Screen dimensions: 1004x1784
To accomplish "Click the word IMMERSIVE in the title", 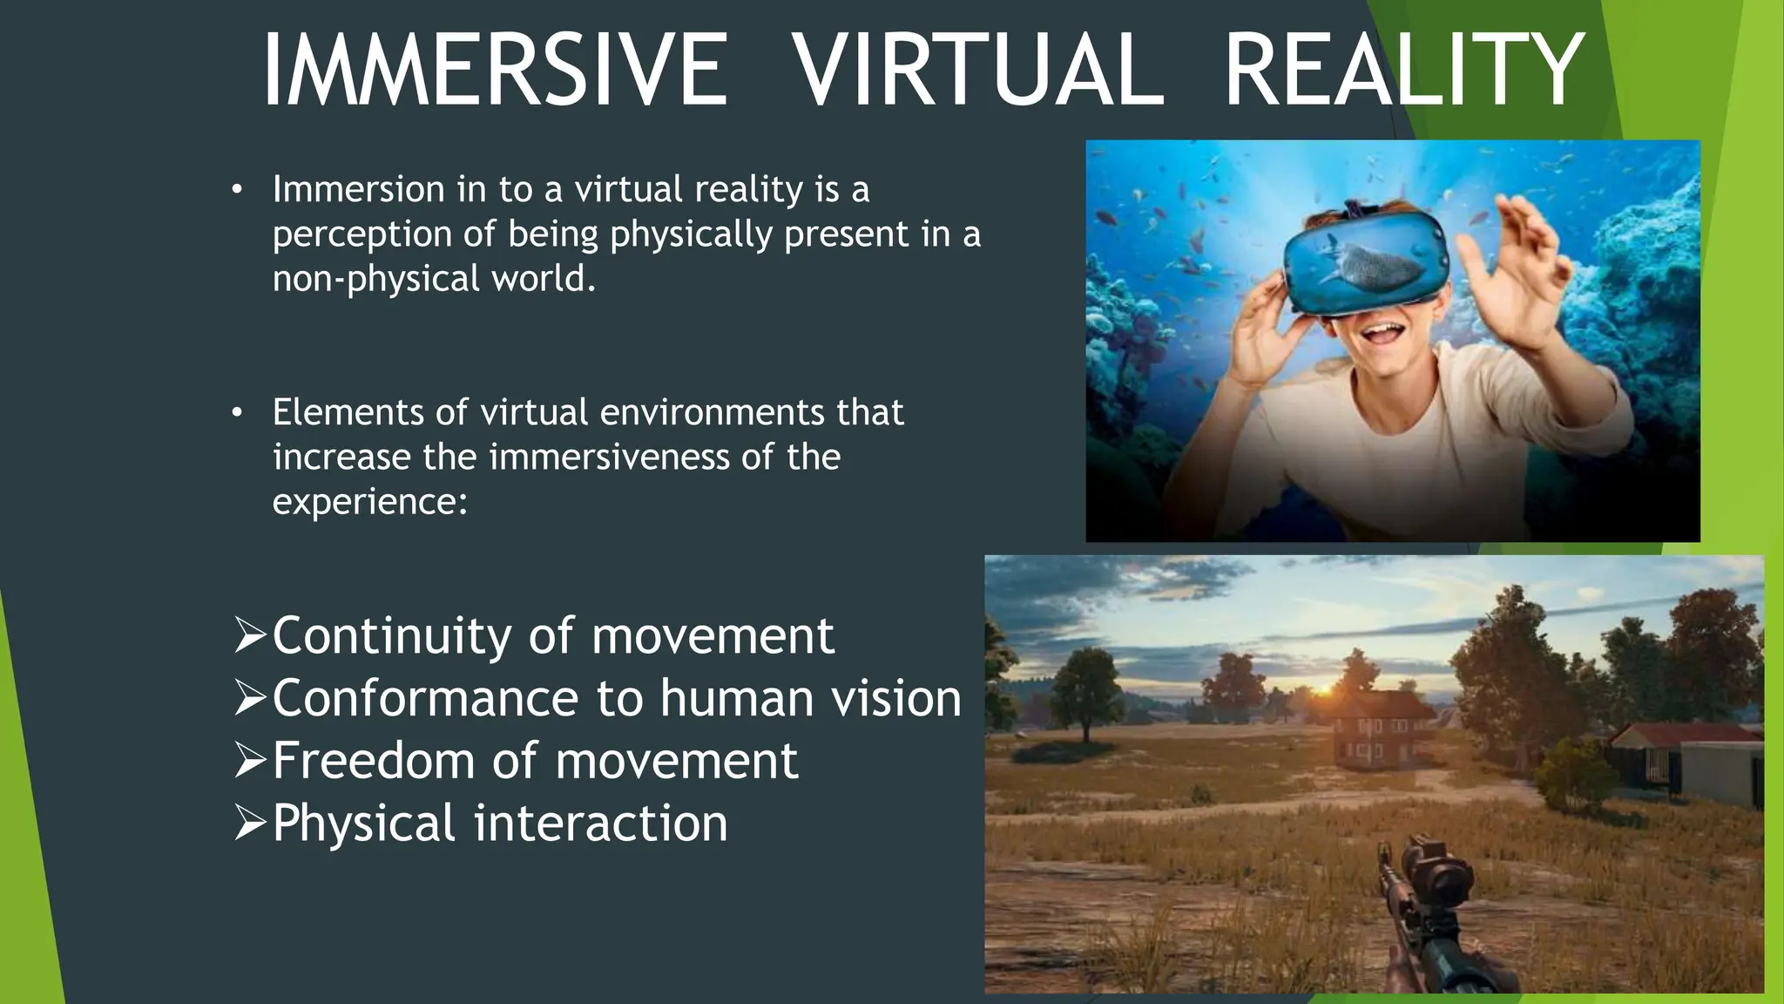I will [x=495, y=70].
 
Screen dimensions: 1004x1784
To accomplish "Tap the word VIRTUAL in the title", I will [x=979, y=70].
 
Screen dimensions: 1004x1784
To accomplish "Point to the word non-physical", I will [x=375, y=280].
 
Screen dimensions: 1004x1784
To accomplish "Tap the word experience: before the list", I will [x=370, y=502].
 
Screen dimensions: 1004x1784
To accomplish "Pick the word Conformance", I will [x=425, y=698].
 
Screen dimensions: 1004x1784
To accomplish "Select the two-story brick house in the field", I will [x=1382, y=731].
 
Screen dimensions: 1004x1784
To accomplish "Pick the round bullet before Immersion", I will [x=236, y=190].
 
